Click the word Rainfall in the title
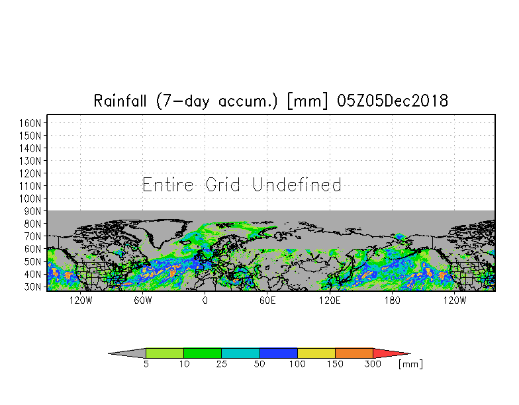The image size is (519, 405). [120, 101]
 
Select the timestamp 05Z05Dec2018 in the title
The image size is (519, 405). [392, 101]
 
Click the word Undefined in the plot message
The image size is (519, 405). [297, 185]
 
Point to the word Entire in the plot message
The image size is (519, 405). [168, 185]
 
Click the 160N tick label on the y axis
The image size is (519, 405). [30, 123]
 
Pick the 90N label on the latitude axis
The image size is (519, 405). [33, 212]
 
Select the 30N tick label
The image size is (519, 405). [33, 287]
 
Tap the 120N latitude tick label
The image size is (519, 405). [30, 173]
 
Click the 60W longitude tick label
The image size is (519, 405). [143, 300]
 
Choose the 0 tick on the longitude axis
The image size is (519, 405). [205, 300]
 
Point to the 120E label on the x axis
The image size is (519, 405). [330, 300]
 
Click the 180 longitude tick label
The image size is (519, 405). [392, 300]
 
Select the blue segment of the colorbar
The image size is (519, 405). [278, 353]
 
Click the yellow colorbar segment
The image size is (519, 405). [316, 353]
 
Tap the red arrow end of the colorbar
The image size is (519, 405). [389, 353]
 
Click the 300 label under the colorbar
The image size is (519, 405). [373, 364]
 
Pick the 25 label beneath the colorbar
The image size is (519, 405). [221, 364]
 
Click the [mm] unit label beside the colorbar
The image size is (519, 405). [410, 364]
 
